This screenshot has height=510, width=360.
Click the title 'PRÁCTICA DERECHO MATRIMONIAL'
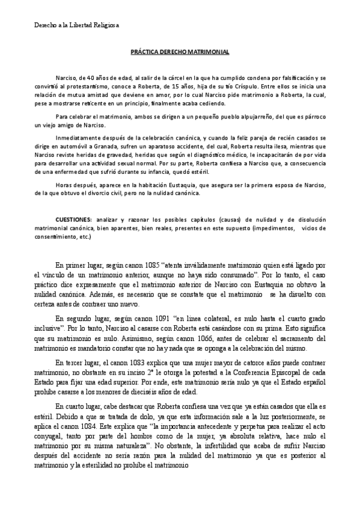tap(180, 52)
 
